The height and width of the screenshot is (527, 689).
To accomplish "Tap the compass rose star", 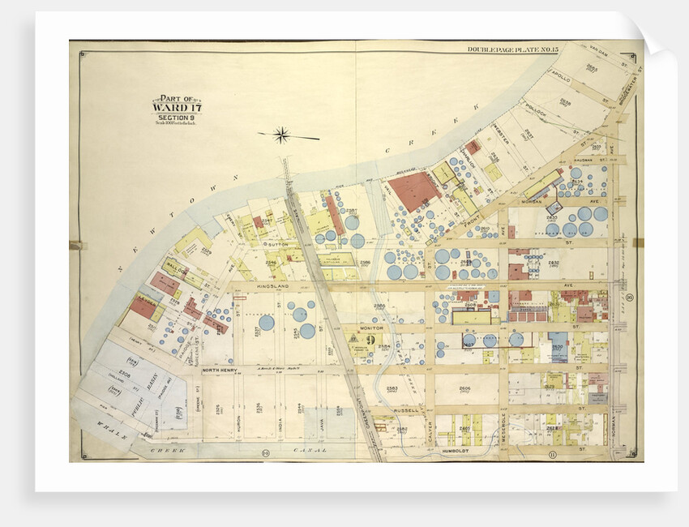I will (281, 135).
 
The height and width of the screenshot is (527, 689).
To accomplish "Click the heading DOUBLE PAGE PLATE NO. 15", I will (512, 49).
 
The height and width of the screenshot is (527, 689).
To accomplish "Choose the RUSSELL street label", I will (405, 410).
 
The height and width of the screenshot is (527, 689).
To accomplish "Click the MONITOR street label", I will (370, 328).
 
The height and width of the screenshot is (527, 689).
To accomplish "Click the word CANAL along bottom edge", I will (314, 450).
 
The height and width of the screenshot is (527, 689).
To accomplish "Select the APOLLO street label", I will (559, 79).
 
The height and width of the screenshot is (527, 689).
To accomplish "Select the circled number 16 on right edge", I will (629, 299).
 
